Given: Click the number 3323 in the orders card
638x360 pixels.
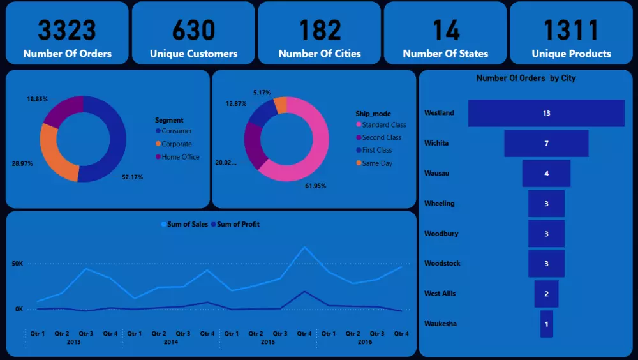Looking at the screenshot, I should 66,30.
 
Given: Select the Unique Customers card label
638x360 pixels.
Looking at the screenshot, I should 193,54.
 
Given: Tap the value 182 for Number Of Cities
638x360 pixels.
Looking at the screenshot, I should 320,30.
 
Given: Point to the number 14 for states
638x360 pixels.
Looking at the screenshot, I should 445,30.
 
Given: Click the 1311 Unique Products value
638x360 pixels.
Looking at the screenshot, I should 571,30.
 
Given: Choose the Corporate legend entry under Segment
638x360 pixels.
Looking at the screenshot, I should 176,144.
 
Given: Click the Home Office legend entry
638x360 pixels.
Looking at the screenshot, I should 180,157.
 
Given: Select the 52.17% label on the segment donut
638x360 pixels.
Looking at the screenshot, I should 132,177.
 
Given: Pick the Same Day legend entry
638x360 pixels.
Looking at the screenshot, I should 376,163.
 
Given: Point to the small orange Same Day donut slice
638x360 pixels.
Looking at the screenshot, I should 280,105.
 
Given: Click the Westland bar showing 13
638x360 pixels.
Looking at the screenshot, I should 546,113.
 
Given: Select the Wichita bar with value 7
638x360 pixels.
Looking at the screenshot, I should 546,144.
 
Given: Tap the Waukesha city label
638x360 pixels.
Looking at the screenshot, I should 440,324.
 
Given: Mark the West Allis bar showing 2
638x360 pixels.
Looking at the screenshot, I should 546,294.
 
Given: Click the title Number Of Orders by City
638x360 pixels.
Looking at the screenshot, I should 526,79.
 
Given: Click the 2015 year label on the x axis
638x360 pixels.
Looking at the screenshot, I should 267,342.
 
